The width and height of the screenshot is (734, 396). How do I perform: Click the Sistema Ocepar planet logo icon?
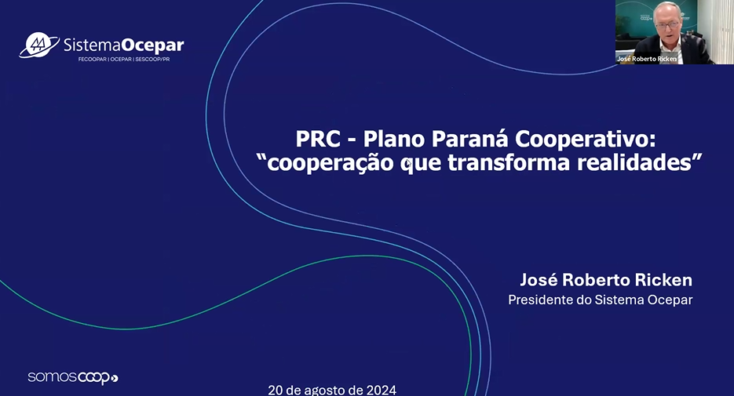[x=39, y=45]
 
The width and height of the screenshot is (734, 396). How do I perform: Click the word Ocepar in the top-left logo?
[x=152, y=45]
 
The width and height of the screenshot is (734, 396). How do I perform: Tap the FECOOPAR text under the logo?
[x=92, y=60]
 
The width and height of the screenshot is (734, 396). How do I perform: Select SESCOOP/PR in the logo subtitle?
[x=152, y=60]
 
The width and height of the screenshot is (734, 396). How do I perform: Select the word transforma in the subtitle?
[x=509, y=162]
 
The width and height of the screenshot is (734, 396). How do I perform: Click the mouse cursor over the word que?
[x=409, y=162]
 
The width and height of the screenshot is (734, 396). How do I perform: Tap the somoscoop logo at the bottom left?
[x=72, y=378]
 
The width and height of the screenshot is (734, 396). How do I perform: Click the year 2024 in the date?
[x=382, y=390]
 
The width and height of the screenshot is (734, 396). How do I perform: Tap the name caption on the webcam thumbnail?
[x=647, y=59]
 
